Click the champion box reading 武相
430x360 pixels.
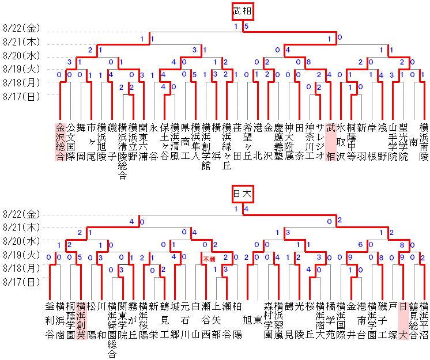(x=243, y=12)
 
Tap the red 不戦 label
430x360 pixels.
(x=209, y=260)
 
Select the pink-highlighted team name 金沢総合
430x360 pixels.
(x=60, y=142)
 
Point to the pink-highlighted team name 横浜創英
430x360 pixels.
(x=81, y=319)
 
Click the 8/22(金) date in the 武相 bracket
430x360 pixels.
(x=21, y=28)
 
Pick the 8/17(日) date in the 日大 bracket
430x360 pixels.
(x=21, y=282)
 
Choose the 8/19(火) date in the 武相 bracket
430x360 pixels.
(x=21, y=69)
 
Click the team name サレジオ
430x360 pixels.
(x=320, y=142)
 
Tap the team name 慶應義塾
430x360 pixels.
(x=278, y=142)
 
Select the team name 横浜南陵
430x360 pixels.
(x=424, y=142)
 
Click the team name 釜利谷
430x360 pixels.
(x=50, y=319)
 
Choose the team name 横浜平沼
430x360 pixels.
(x=424, y=319)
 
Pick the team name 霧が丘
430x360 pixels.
(x=133, y=319)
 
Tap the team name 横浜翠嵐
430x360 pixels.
(x=278, y=319)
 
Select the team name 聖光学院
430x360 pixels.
(x=403, y=142)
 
